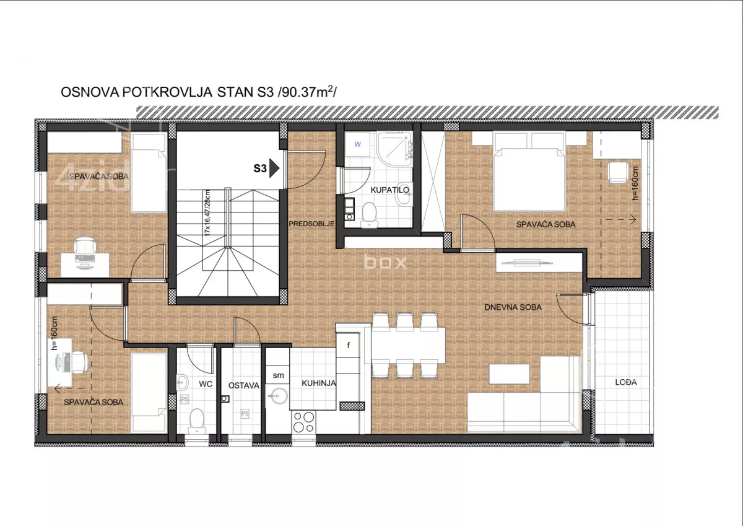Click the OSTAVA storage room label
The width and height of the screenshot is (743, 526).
click(243, 385)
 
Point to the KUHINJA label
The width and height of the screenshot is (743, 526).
click(319, 384)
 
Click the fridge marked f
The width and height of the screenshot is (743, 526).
click(349, 345)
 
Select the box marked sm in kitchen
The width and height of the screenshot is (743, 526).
click(278, 375)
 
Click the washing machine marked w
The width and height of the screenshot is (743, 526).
click(357, 144)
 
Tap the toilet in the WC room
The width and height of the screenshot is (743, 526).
click(196, 419)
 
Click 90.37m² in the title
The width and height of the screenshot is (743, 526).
click(308, 92)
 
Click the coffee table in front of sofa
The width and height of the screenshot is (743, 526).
click(510, 374)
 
